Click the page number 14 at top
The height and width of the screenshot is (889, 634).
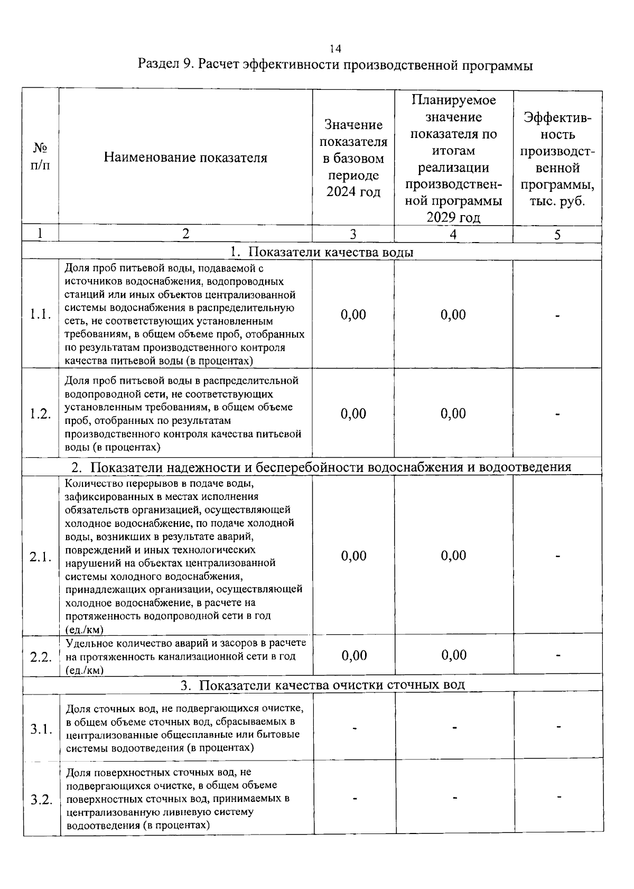(335, 49)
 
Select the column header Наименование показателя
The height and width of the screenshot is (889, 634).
(185, 158)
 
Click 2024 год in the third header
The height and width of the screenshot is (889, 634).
(353, 191)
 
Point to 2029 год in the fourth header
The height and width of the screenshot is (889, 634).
(453, 218)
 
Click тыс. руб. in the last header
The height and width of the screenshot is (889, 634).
(557, 201)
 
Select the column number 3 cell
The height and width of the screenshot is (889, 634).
(353, 234)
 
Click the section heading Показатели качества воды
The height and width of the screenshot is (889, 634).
(330, 252)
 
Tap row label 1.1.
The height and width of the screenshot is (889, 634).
(40, 314)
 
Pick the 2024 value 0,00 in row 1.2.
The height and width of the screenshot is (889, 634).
(353, 413)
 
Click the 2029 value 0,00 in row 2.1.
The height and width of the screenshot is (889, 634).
(453, 555)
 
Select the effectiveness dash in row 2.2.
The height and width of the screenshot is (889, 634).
(557, 655)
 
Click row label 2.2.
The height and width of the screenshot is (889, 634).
(40, 657)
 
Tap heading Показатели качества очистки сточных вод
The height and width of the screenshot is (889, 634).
(332, 685)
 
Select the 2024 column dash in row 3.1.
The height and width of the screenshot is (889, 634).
(355, 728)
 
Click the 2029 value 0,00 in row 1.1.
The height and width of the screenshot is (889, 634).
(453, 315)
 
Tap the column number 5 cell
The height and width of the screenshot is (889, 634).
(557, 234)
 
